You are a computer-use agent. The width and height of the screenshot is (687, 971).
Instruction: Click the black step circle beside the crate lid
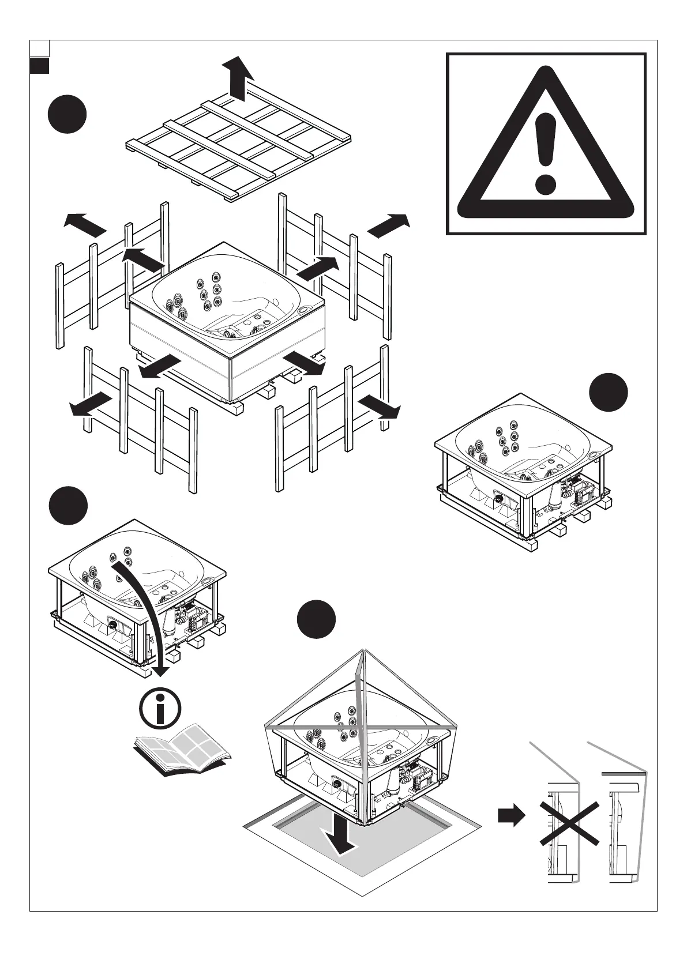pyautogui.click(x=67, y=115)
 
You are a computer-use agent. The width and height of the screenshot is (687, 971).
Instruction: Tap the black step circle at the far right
pyautogui.click(x=609, y=392)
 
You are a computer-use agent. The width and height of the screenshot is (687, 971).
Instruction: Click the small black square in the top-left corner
pyautogui.click(x=39, y=65)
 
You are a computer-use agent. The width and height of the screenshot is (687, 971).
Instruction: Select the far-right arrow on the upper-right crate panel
pyautogui.click(x=389, y=225)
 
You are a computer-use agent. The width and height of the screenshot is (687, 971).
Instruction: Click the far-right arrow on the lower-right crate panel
pyautogui.click(x=379, y=407)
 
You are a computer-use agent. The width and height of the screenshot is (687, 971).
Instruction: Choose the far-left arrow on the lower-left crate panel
pyautogui.click(x=91, y=404)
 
